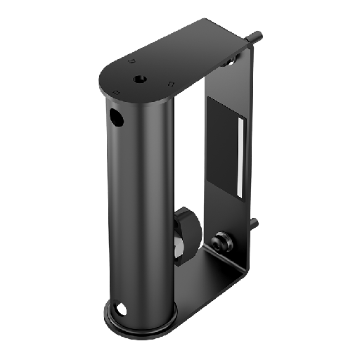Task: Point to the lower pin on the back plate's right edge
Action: coord(254,225)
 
